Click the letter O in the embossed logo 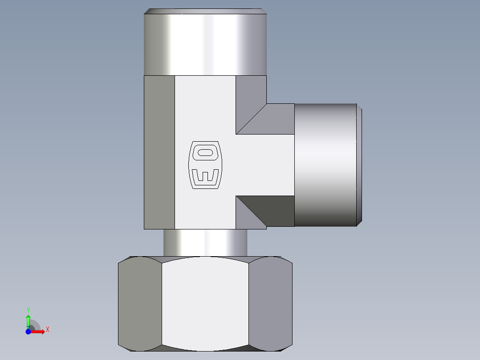[205, 152]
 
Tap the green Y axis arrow [28, 321]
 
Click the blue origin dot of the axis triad [28, 331]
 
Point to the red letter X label [48, 330]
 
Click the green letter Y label [28, 310]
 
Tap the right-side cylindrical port [325, 165]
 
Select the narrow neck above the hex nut [205, 243]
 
